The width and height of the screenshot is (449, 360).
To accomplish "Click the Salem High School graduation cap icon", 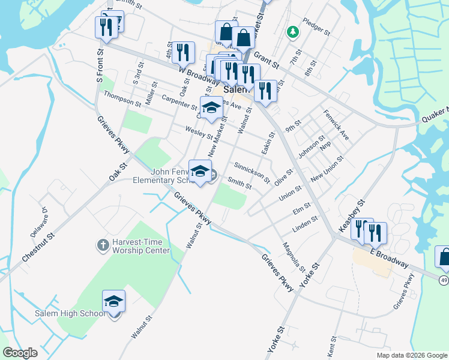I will click(113, 301).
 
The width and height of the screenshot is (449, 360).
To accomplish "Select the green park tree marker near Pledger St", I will click(293, 32).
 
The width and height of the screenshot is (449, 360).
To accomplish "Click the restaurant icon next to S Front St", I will click(104, 26).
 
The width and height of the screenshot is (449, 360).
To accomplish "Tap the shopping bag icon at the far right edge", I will click(444, 257).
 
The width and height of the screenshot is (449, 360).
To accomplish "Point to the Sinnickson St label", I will click(252, 172).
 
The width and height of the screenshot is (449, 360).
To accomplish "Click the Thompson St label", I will click(122, 99).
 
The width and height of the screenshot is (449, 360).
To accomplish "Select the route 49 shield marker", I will click(443, 280).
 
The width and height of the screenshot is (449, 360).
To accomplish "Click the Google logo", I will click(20, 353).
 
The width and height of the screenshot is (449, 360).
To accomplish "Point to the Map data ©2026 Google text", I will click(411, 355).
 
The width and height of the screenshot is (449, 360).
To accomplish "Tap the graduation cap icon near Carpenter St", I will click(211, 107).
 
